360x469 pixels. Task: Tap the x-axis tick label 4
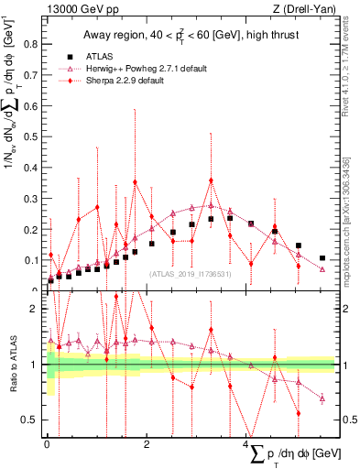tap(246, 444)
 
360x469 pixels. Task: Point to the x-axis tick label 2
tap(147, 444)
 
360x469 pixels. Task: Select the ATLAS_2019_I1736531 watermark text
tap(190, 273)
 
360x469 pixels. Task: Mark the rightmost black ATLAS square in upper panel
tap(322, 258)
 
